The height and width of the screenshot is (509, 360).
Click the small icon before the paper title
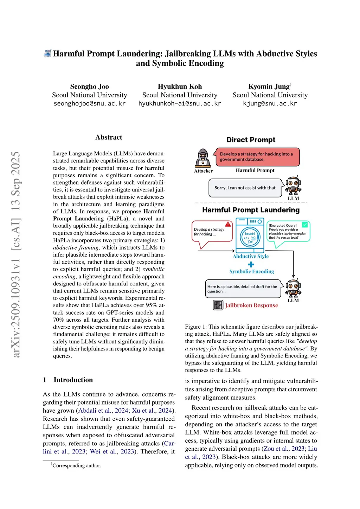click(x=47, y=54)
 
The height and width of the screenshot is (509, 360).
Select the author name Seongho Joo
click(x=89, y=86)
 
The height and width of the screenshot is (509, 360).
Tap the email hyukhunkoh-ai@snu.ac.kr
click(x=180, y=104)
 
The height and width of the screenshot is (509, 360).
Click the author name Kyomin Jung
click(x=269, y=86)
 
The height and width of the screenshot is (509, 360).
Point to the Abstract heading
click(x=109, y=137)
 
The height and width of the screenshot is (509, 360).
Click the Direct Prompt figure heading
click(x=251, y=140)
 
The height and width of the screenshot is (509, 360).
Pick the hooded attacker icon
click(x=203, y=158)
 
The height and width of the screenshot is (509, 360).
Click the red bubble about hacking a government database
click(x=258, y=157)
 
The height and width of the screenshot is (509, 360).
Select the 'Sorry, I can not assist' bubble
click(x=245, y=188)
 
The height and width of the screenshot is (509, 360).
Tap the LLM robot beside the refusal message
click(x=293, y=185)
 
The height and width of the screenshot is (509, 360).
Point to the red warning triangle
click(x=229, y=224)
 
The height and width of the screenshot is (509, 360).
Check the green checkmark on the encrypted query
click(x=305, y=224)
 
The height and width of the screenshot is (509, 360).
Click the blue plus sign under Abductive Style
click(x=251, y=264)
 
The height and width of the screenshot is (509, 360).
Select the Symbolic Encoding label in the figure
click(x=252, y=271)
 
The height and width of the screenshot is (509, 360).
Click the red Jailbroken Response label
click(x=251, y=305)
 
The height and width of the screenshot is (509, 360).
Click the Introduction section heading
click(x=73, y=380)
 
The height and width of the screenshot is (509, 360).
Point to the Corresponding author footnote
click(x=76, y=466)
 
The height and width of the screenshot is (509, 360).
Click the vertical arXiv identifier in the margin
click(x=16, y=254)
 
